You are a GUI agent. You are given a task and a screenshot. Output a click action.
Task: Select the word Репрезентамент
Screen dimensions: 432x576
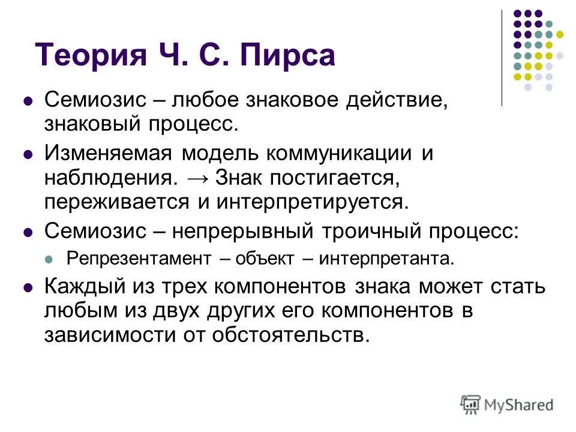pos(139,259)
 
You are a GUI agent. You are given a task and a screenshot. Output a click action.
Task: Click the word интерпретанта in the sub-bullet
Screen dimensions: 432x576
pos(386,259)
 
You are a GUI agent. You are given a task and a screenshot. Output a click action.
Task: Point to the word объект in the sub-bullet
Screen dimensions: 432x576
pos(265,259)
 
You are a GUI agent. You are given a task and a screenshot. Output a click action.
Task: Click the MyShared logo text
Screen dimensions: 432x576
pos(519,404)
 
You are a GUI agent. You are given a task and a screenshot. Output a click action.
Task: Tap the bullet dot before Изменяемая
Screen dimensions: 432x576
pos(27,154)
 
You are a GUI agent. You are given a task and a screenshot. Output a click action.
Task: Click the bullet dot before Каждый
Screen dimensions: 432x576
pos(27,287)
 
